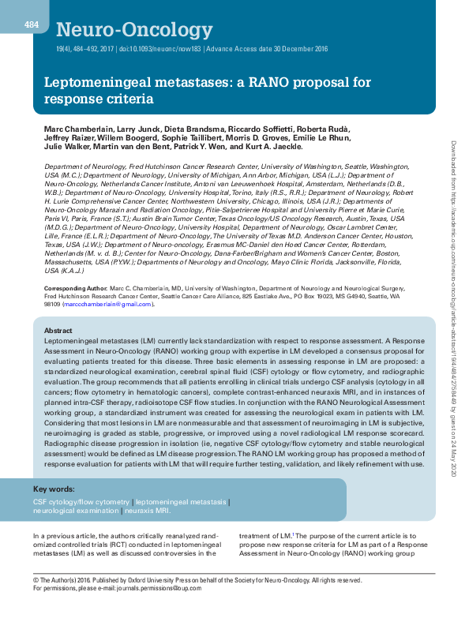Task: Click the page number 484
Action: pyautogui.click(x=32, y=24)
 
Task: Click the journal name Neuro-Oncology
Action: pyautogui.click(x=134, y=31)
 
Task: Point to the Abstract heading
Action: pyautogui.click(x=58, y=331)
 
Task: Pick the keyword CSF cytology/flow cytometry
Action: pyautogui.click(x=81, y=502)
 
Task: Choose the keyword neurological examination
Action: pyautogui.click(x=75, y=511)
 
